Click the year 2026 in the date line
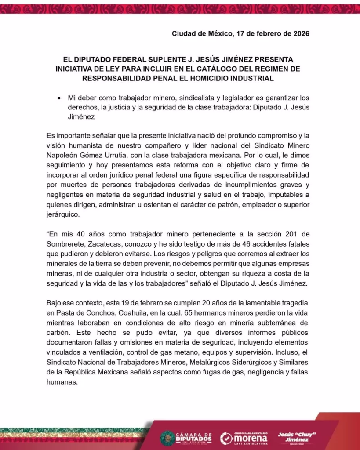300,33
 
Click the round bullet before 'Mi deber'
59,98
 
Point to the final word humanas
62,382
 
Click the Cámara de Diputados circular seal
167,438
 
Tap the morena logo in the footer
244,438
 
